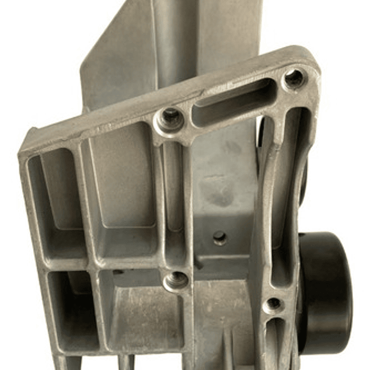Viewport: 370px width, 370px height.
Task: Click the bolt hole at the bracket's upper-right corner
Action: tap(294, 78)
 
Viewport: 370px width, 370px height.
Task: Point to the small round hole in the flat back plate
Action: tap(220, 237)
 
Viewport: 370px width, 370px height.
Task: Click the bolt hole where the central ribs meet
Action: tap(176, 280)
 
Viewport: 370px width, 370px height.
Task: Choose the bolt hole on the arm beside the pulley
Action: tap(273, 305)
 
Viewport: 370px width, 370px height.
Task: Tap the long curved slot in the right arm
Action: tap(288, 196)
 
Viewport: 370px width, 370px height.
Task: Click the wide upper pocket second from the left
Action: tap(124, 201)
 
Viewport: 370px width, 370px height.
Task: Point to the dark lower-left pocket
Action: tap(72, 309)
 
